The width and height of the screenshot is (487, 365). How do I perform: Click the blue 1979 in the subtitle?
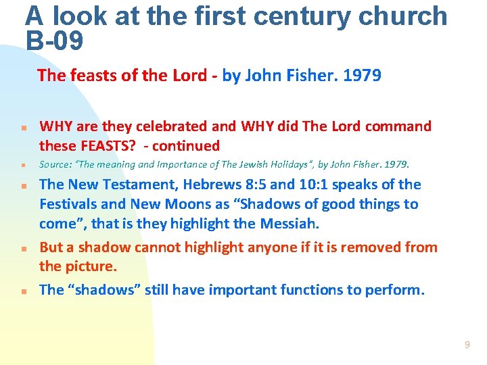(362, 75)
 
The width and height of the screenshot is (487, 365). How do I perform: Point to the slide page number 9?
(467, 345)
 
